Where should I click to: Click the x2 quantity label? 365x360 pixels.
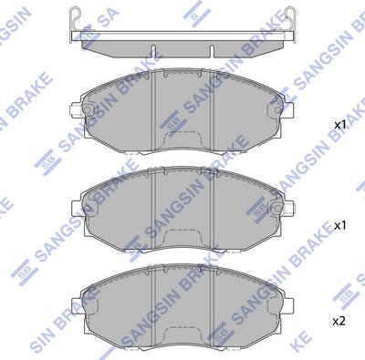click(x=339, y=322)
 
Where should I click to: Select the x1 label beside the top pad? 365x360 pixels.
click(x=339, y=125)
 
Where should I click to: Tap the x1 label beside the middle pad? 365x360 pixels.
click(x=339, y=225)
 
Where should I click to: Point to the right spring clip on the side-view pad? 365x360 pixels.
click(x=290, y=21)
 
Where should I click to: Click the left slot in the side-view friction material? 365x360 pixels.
click(x=153, y=51)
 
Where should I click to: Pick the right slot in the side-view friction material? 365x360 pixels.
click(x=212, y=51)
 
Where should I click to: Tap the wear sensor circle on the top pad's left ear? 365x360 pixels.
click(x=88, y=110)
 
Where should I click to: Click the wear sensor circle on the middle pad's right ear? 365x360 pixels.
click(x=277, y=209)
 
